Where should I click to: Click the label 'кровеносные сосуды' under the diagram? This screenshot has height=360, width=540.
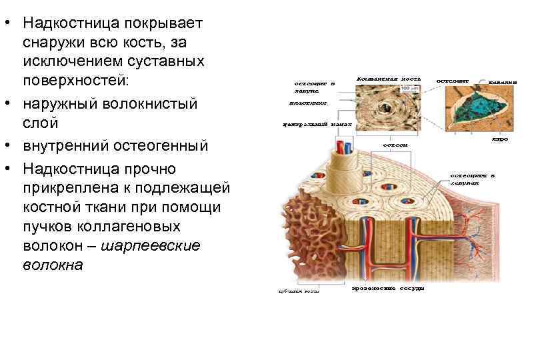tap(388, 288)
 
